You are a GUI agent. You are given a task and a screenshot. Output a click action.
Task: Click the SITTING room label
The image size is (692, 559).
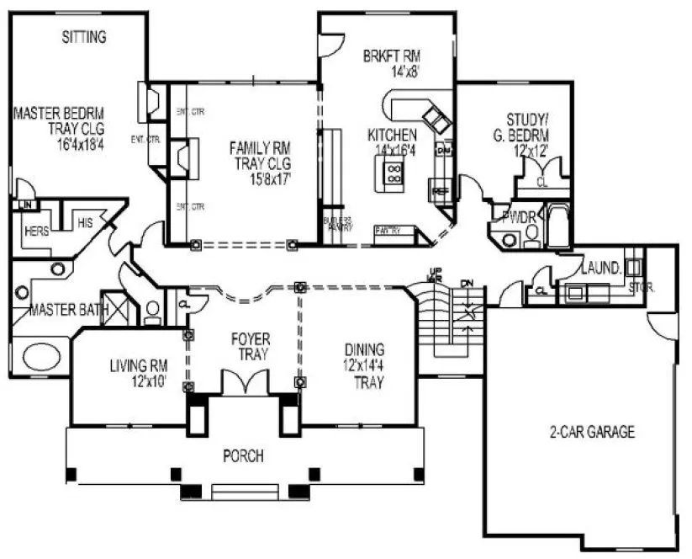84,37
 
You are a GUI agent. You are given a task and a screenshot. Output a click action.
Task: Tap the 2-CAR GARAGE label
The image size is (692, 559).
586,433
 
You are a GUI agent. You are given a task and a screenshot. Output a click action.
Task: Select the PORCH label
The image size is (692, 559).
243,456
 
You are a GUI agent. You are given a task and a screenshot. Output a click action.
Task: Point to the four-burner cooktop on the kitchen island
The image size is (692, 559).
393,173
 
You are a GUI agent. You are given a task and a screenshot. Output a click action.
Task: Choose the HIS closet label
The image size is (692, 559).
84,223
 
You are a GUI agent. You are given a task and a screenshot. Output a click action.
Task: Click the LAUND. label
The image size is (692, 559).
602,268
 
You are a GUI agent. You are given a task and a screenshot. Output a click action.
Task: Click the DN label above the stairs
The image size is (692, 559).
467,284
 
